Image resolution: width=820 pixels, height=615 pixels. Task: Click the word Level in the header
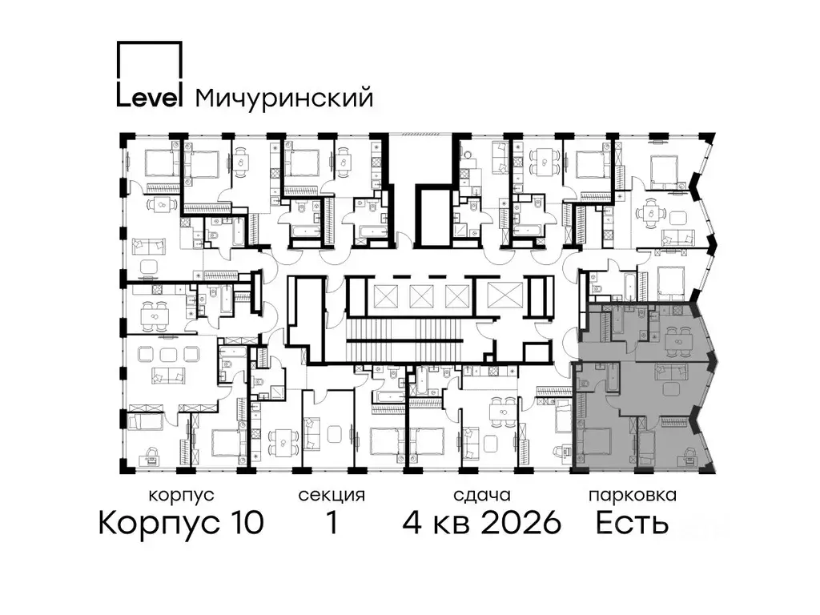(150, 97)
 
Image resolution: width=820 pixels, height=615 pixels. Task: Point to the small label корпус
(181, 495)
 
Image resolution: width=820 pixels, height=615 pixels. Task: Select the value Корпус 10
(181, 524)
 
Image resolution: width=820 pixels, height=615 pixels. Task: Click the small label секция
(331, 495)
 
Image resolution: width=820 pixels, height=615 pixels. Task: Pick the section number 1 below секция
(331, 524)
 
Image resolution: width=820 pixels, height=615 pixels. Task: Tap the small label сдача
(480, 495)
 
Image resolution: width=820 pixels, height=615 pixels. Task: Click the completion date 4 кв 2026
(480, 524)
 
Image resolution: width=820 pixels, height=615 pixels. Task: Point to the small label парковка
(632, 495)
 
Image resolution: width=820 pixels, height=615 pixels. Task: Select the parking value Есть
(632, 524)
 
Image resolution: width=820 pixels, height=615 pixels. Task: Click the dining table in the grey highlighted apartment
(677, 342)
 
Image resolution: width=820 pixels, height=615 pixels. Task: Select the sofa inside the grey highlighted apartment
(672, 372)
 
